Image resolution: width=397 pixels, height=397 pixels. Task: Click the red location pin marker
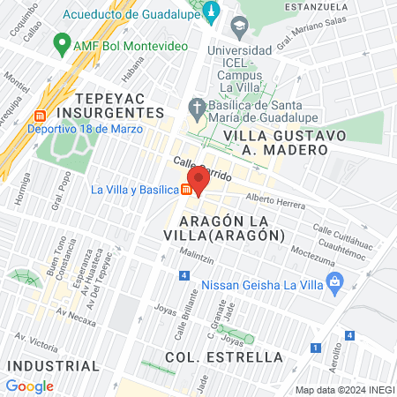tap(198, 179)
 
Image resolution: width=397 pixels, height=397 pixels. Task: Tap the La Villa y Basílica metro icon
tap(187, 190)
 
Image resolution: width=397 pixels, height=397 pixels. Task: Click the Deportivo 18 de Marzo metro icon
tap(38, 116)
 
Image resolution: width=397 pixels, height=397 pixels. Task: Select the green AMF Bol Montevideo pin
tap(61, 42)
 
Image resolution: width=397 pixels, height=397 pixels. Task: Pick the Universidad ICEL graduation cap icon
tap(237, 26)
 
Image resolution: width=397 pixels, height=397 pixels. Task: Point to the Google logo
tap(29, 386)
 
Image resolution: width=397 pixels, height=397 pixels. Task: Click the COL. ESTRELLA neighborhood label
tap(224, 356)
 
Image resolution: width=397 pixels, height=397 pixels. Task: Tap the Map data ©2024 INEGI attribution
tap(344, 389)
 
